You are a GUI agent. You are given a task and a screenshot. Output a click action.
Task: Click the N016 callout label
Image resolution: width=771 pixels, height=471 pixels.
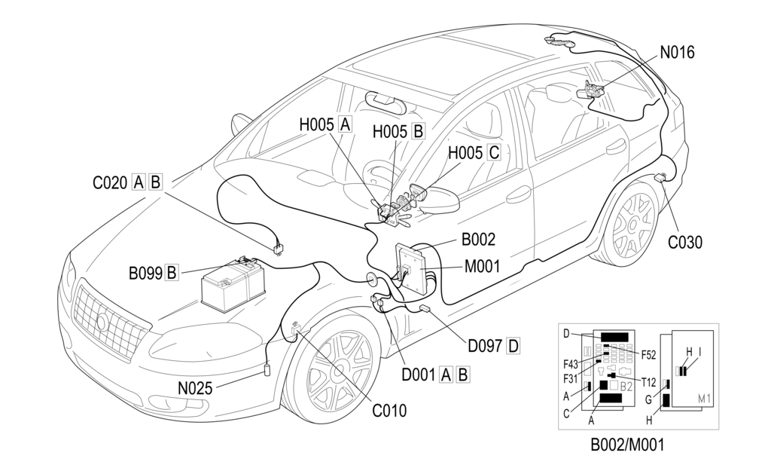(677, 53)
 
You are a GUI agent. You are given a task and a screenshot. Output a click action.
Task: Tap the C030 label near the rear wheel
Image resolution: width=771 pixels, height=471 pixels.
(684, 242)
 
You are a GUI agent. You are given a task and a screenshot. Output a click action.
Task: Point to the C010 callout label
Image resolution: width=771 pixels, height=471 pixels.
(389, 411)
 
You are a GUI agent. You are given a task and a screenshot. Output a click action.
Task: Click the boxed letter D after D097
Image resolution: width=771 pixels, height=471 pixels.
(513, 346)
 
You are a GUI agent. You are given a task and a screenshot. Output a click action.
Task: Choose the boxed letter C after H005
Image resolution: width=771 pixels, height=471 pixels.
(494, 153)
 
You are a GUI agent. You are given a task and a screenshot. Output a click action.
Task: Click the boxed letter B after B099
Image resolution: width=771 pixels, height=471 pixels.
(172, 273)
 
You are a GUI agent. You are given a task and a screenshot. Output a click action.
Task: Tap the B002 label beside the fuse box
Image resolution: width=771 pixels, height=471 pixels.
(478, 240)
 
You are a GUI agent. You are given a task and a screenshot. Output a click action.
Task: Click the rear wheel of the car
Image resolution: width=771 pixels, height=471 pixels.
(632, 224)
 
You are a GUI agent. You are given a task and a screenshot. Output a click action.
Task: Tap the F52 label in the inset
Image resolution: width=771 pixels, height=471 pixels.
(650, 354)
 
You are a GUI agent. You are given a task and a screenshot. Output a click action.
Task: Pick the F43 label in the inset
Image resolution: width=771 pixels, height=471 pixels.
(570, 364)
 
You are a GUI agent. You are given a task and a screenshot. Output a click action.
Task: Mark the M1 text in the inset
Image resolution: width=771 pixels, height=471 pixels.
(705, 398)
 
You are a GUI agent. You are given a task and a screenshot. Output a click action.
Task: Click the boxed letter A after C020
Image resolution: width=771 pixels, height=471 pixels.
(139, 182)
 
